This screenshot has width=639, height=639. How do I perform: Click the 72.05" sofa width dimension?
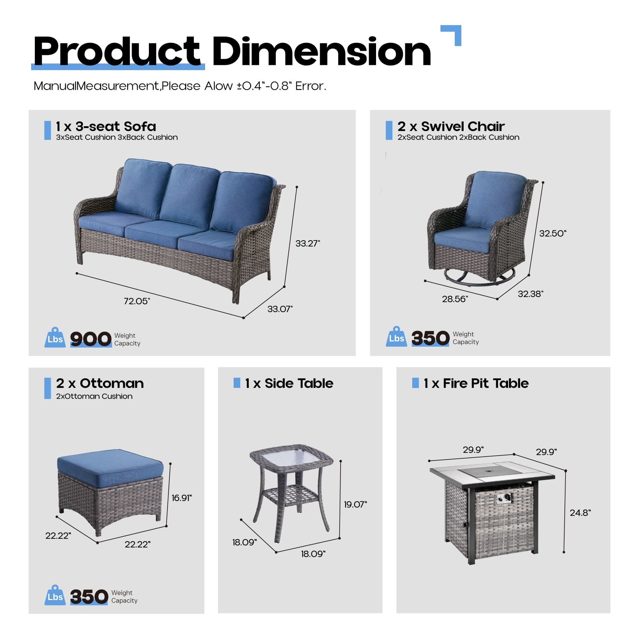[x=137, y=301]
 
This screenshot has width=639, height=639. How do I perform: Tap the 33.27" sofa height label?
[x=308, y=243]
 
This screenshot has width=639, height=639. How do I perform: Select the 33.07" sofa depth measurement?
[x=280, y=309]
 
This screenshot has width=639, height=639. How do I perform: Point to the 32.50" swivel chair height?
[x=553, y=233]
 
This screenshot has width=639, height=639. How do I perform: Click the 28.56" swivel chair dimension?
[x=455, y=299]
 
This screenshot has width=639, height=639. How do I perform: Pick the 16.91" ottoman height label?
[x=181, y=498]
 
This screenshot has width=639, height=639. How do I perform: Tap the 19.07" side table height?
[x=355, y=504]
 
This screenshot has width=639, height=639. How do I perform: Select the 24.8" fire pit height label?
[x=580, y=513]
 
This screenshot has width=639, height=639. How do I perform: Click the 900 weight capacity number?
[x=91, y=339]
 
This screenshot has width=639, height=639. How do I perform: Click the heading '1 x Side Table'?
[x=289, y=383]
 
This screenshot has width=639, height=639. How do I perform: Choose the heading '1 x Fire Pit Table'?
[x=476, y=383]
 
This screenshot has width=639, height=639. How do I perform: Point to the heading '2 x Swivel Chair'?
[x=451, y=126]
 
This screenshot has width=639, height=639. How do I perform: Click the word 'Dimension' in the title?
[x=321, y=52]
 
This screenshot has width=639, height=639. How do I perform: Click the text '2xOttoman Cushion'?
[x=94, y=396]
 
